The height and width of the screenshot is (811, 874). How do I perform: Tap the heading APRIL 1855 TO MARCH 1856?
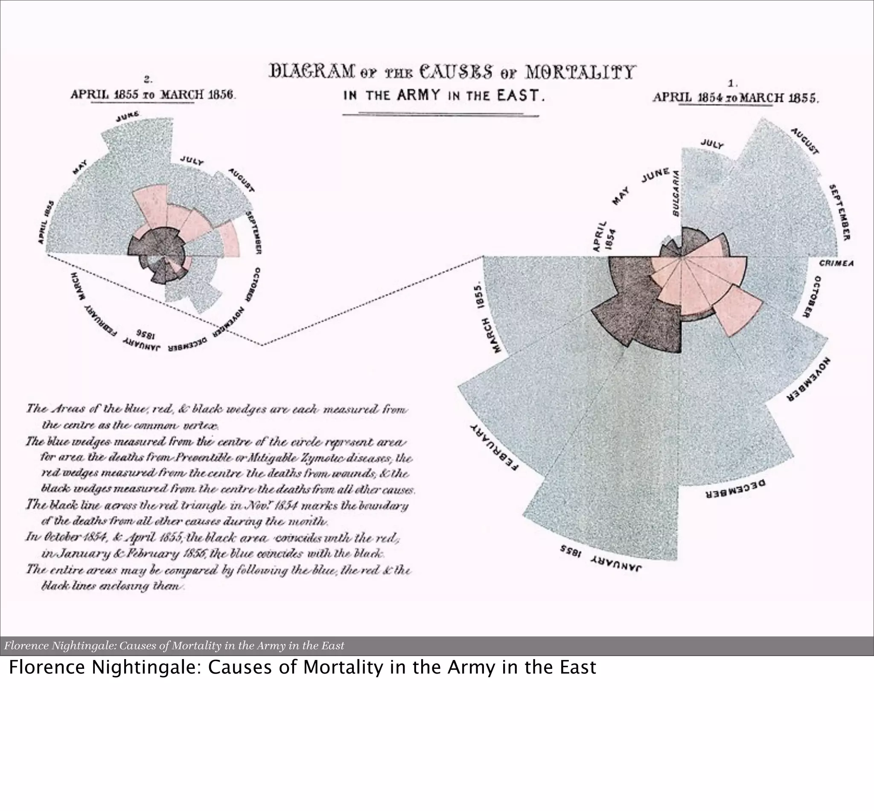pos(153,95)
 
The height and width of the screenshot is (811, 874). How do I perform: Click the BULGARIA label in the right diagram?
pos(676,193)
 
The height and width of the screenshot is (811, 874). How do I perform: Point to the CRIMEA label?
pos(836,263)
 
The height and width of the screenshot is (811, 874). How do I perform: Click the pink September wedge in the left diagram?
pos(230,239)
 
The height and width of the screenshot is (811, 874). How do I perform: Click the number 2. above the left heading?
pos(149,80)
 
